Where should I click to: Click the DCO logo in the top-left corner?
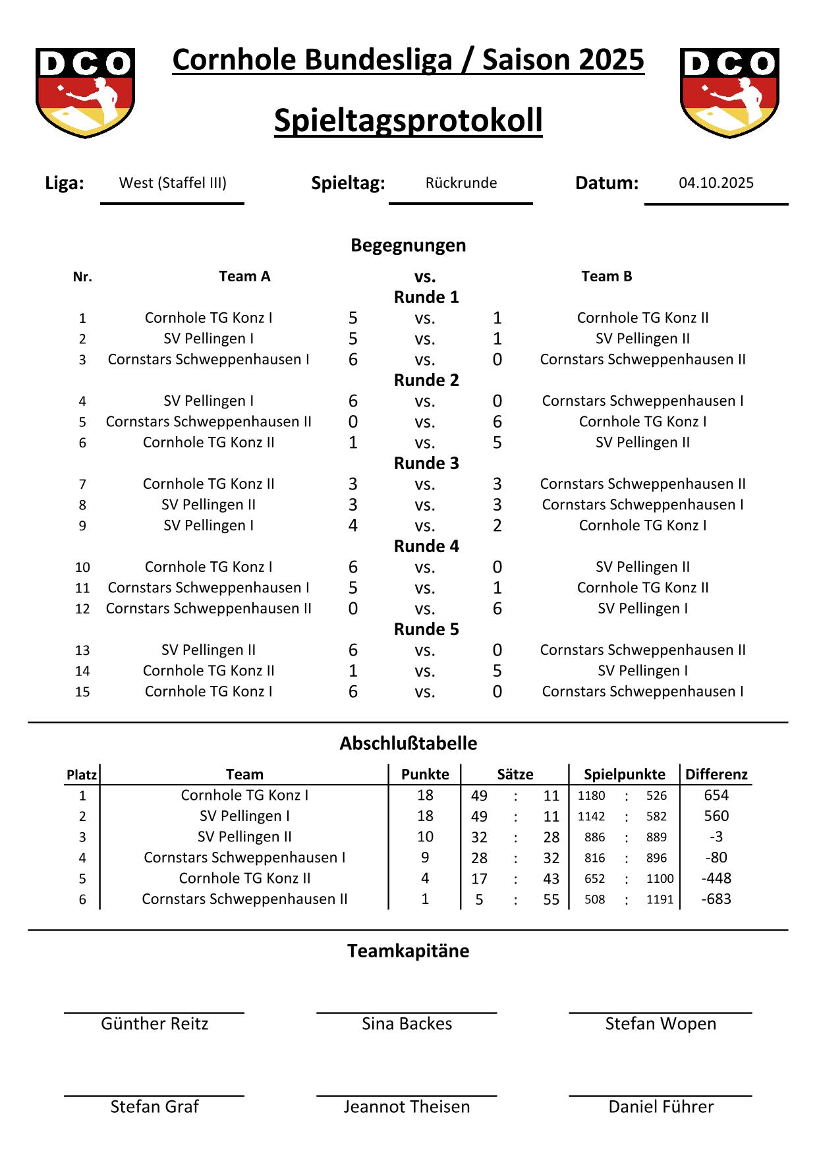point(85,92)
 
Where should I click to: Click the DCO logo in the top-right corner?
point(729,92)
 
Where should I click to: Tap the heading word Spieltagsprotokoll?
point(408,121)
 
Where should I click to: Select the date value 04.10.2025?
point(716,183)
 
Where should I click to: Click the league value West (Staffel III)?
point(173,183)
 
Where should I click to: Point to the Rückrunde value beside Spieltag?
point(461,183)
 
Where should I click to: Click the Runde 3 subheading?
point(426,463)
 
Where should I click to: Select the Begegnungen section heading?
point(408,245)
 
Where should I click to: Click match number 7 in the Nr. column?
point(82,484)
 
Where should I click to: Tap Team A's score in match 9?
point(353,526)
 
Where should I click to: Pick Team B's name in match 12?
point(642,609)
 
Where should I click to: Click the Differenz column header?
point(716,774)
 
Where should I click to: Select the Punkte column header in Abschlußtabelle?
point(425,774)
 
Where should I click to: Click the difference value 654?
point(716,795)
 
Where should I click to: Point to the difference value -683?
point(716,899)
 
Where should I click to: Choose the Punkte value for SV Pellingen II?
point(425,837)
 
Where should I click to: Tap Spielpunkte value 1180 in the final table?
point(591,796)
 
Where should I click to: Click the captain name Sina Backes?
point(407,1024)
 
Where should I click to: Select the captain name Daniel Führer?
point(660,1107)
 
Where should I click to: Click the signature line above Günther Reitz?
point(154,1013)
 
